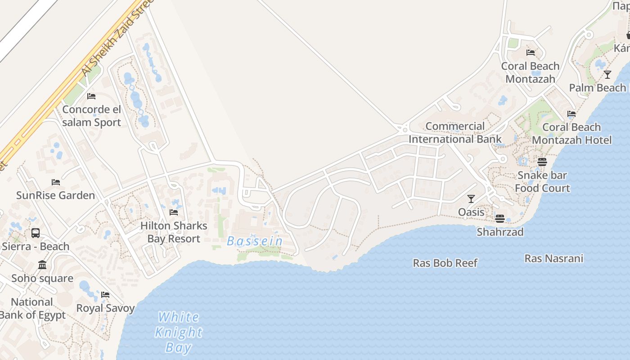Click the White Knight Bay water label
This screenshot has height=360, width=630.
tap(179, 332)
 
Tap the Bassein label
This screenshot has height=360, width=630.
tap(255, 241)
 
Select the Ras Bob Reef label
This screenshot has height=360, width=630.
tap(445, 263)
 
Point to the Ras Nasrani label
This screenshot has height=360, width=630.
tap(553, 258)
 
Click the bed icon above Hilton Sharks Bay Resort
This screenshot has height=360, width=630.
tap(174, 212)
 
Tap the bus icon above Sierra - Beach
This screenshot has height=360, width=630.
tap(36, 233)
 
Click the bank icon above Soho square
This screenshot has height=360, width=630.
tap(42, 265)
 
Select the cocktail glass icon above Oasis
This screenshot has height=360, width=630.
tap(471, 198)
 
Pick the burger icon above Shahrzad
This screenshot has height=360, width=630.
tap(499, 219)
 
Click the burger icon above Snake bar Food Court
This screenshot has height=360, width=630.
tap(542, 162)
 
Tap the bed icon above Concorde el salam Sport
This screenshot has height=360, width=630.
tap(91, 96)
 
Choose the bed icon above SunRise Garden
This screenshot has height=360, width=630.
tap(56, 182)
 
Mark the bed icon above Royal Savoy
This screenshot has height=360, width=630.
tap(105, 295)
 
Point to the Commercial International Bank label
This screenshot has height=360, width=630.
tap(455, 133)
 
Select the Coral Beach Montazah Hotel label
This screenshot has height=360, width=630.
tap(571, 134)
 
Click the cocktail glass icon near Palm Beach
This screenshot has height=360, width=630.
tap(607, 74)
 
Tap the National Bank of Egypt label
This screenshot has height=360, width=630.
tap(32, 309)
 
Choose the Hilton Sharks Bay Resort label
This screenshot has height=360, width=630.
tap(174, 232)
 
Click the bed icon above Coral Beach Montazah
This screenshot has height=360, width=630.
tap(531, 53)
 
